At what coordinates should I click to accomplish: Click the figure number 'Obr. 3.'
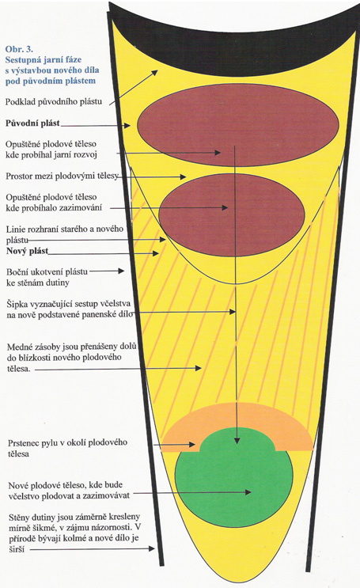19,49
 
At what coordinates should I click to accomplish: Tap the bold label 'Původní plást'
32,123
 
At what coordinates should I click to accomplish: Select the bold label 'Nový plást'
27,251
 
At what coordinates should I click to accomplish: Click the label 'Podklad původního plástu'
54,102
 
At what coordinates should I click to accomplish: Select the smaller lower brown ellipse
232,215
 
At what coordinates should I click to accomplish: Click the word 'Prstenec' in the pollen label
22,443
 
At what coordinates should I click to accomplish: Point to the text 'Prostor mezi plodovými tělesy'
62,176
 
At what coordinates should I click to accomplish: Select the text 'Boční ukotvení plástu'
47,271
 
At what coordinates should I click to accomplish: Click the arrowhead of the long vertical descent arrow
237,440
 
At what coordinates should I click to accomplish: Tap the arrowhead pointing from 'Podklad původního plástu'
154,73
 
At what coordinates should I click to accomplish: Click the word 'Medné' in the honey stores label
19,347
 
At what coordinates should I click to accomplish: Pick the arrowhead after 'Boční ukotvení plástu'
121,271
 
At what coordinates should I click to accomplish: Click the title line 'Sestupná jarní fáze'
44,59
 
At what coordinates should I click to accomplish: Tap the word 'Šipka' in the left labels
17,304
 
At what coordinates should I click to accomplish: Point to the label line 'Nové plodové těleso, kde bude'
65,485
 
